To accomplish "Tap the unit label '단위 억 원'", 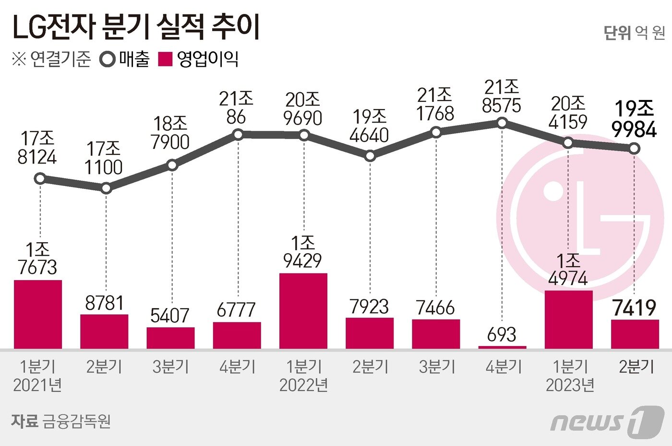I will (x=634, y=33).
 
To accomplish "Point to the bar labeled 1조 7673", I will (x=38, y=314).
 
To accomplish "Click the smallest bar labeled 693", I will (x=502, y=347).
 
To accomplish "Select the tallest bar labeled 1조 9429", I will (x=303, y=311).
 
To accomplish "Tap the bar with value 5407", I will (x=170, y=338).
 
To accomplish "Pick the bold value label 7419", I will (x=635, y=308).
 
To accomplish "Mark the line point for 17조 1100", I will (x=106, y=188).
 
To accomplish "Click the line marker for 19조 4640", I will (x=370, y=156).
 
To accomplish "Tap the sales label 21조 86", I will (x=236, y=108).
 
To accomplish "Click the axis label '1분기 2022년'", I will (x=303, y=376).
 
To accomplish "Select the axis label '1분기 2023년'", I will (x=569, y=376).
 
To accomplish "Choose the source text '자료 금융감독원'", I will (x=61, y=421).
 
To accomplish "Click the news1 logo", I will (x=607, y=421).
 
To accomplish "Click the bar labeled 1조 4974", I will (x=569, y=319).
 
